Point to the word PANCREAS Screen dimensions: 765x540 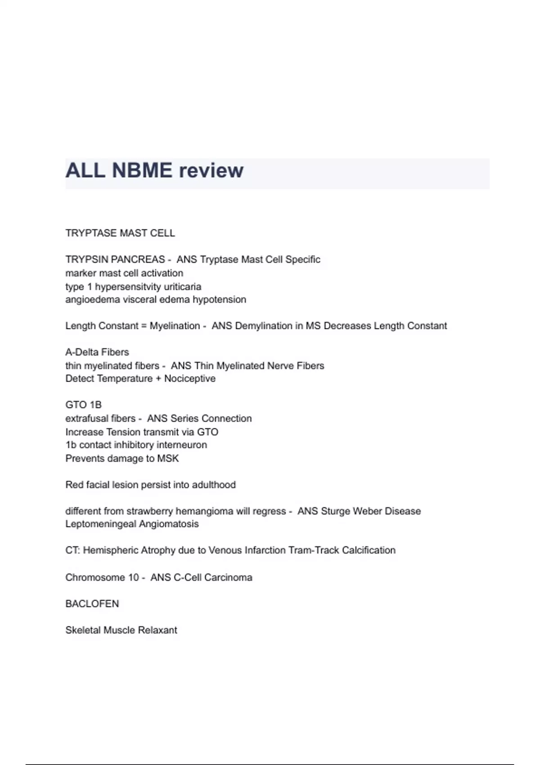click(x=138, y=260)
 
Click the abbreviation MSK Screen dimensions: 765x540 click(x=168, y=459)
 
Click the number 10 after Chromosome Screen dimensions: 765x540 click(x=133, y=577)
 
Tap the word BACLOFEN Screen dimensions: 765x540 click(x=92, y=604)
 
